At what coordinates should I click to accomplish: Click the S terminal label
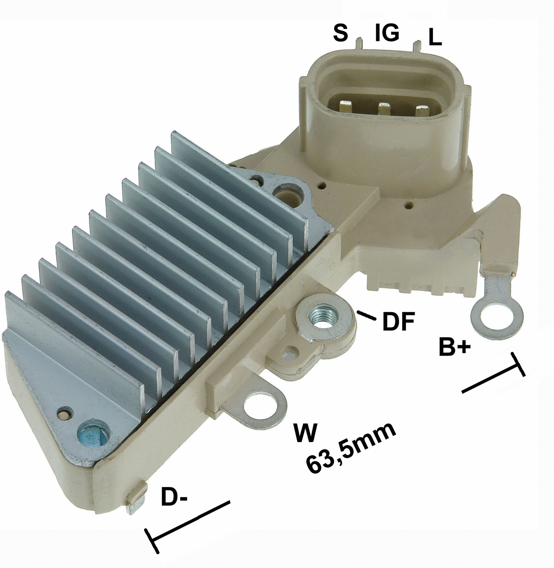tap(340, 33)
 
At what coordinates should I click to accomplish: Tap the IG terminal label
tap(387, 33)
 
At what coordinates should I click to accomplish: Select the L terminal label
tap(435, 38)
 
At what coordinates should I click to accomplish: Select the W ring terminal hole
tap(260, 407)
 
